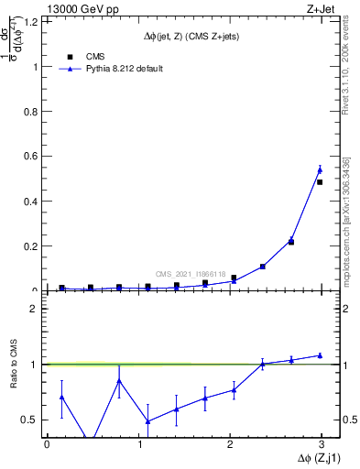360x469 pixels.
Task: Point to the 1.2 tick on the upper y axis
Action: tap(32, 21)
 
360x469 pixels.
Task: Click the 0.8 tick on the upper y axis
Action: tap(32, 112)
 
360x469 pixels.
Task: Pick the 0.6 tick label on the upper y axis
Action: tap(32, 157)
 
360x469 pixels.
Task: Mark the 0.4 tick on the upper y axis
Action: tap(32, 202)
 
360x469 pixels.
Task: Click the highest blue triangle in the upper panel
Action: tap(320, 169)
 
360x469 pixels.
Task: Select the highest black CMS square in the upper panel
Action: tap(320, 182)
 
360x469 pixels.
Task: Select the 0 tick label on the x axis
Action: tap(47, 444)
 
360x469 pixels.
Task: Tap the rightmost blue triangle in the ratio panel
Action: tap(320, 355)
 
